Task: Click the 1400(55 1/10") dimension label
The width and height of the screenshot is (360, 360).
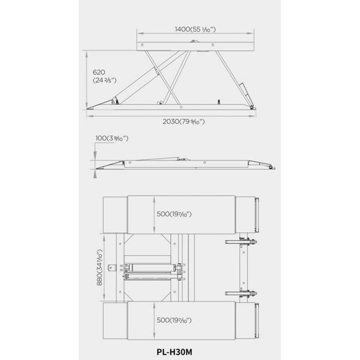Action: coord(195,29)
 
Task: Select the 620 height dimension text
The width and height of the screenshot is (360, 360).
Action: coord(99,73)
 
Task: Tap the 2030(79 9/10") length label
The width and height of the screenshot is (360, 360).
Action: coord(184,122)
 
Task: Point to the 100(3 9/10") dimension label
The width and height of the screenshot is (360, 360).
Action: coord(112,138)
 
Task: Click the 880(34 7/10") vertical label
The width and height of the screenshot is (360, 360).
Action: coord(99,267)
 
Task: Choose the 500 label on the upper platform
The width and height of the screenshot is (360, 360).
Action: coord(174,214)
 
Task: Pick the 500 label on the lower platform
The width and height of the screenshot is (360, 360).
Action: coord(174,320)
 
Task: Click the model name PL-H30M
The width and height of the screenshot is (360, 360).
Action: coord(174,352)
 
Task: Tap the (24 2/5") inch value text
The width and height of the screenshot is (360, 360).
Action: coord(105,81)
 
